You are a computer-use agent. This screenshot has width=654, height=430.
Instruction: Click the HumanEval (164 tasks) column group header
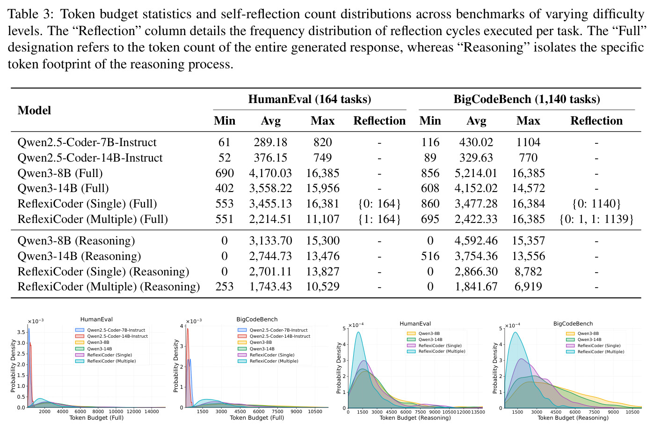310,99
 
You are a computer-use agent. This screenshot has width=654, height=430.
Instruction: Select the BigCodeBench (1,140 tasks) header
527,99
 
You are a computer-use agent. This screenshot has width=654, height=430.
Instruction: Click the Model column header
34,111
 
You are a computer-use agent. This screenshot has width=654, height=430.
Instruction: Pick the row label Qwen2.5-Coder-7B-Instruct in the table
87,142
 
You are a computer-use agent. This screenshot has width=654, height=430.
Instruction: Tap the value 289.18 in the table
270,142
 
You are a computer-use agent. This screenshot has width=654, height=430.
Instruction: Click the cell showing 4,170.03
270,173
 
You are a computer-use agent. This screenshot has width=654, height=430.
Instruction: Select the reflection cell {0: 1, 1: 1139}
596,219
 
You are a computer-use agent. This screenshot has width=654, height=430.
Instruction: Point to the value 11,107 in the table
323,219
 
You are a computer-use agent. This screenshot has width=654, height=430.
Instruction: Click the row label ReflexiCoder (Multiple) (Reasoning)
109,287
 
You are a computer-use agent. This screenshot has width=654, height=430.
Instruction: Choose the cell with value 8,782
528,272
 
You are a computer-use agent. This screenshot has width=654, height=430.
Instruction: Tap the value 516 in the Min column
430,256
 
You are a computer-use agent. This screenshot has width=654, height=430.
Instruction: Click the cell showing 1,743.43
270,287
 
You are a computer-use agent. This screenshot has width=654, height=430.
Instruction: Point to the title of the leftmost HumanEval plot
96,319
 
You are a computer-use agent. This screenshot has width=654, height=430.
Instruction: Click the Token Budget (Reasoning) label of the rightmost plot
573,418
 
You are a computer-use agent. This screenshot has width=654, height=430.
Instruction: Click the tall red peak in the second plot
188,329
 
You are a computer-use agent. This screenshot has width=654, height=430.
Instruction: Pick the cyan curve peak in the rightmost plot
516,333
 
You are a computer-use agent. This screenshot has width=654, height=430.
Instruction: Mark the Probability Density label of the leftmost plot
13,366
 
